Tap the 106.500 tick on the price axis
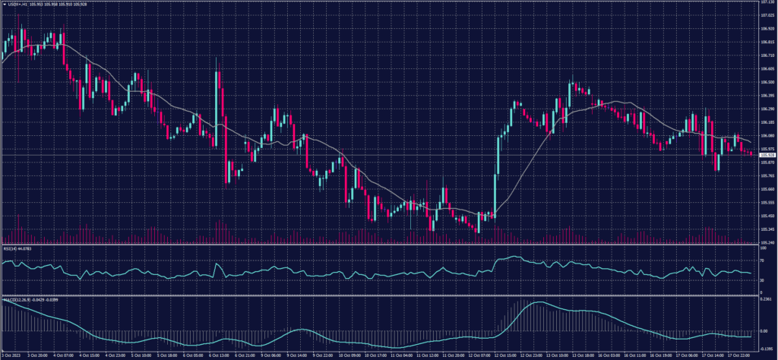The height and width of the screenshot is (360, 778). tap(767, 82)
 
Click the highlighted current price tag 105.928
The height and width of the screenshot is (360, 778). tap(767, 155)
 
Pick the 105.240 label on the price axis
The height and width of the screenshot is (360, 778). tap(767, 242)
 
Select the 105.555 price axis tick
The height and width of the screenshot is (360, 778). tap(767, 202)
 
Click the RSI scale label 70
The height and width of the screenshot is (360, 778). tap(762, 259)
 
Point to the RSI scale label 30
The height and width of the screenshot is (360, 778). tap(762, 280)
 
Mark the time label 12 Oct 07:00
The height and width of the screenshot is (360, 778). tap(480, 355)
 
